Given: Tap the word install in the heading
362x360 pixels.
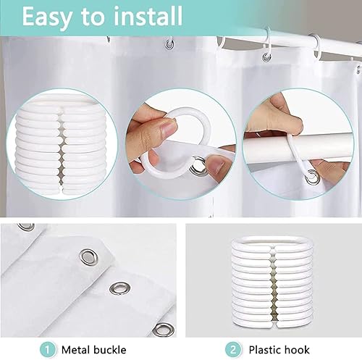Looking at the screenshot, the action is point(148,16).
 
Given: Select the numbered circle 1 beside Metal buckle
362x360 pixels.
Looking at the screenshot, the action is point(48,350).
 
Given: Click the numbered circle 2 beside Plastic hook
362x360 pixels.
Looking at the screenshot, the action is point(232,350).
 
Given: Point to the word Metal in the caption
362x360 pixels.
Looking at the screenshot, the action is point(76,350).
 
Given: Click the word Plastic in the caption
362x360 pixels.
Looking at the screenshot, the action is point(264,350).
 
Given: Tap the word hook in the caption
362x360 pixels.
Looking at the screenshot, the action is point(297,350).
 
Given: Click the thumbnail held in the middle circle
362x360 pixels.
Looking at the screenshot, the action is point(169,128).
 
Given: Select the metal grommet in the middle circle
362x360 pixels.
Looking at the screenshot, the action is point(198,166).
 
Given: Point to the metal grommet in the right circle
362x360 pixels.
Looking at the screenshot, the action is point(313,177).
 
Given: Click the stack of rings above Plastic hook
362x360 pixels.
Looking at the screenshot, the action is point(272,283).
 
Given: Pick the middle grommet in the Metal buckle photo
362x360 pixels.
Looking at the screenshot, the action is point(120,288).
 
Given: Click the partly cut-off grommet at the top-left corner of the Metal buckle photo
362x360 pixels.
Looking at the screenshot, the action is point(26,227).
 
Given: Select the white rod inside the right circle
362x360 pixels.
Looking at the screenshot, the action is point(297,148).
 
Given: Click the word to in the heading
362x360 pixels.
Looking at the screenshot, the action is point(93,18).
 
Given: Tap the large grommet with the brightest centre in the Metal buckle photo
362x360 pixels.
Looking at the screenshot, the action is point(88,256).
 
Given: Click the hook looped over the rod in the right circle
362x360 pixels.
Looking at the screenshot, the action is point(296,154).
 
